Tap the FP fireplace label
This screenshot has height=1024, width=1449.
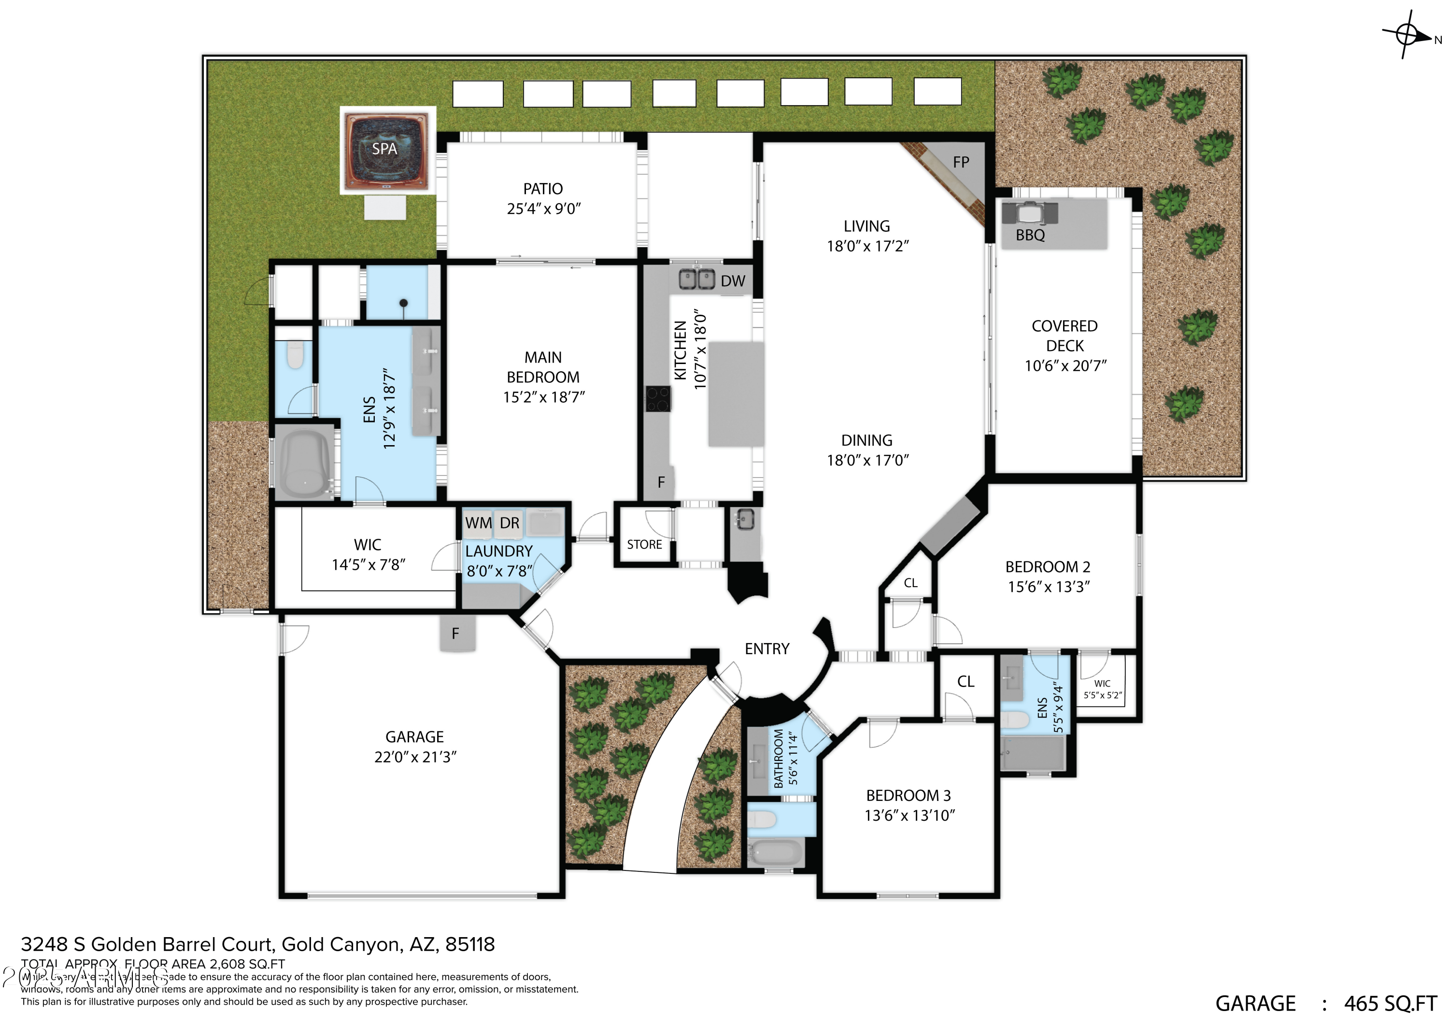point(961,163)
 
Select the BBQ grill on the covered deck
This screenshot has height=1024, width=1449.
point(1029,213)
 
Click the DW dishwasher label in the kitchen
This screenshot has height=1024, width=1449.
point(732,281)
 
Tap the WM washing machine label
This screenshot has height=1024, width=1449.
point(478,523)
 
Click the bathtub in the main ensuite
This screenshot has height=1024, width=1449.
point(305,465)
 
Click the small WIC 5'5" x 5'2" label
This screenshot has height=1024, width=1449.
point(1102,689)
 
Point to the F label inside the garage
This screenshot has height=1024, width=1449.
point(455,633)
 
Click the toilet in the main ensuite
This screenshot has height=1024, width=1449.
point(295,355)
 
